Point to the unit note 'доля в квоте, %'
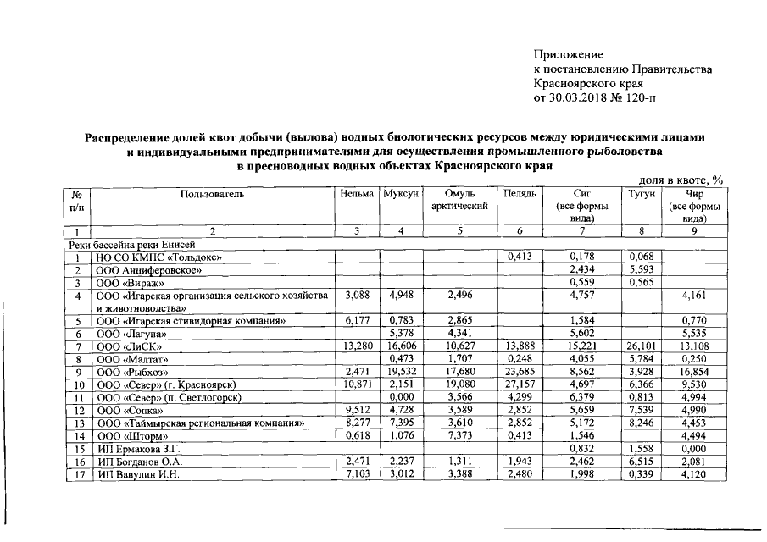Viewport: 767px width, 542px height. tap(680, 180)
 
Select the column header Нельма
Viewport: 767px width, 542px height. tap(357, 194)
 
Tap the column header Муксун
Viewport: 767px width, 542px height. tap(401, 194)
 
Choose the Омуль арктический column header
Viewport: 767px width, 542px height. tap(459, 200)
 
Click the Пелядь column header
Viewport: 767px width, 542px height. tap(520, 194)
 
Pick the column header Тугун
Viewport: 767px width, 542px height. tap(642, 194)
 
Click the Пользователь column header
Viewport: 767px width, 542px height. tap(213, 194)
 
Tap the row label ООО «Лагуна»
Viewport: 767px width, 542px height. tap(132, 334)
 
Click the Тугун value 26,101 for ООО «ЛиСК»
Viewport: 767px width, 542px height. tap(642, 346)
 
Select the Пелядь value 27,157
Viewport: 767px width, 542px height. tap(520, 384)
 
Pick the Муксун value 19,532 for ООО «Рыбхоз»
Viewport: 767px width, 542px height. tap(401, 372)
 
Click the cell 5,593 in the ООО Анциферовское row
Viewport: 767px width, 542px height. tap(642, 270)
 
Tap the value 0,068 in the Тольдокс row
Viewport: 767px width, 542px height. tap(642, 257)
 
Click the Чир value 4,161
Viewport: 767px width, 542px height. tap(694, 296)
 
